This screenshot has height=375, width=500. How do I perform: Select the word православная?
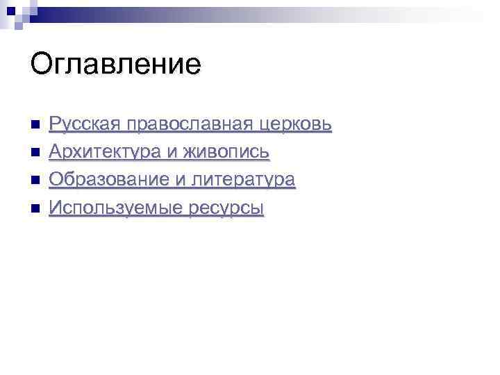(181, 125)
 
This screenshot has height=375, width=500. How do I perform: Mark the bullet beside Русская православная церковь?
(36, 125)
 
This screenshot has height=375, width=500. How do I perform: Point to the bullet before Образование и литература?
(36, 181)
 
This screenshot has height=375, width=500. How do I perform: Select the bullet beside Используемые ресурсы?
(36, 208)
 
